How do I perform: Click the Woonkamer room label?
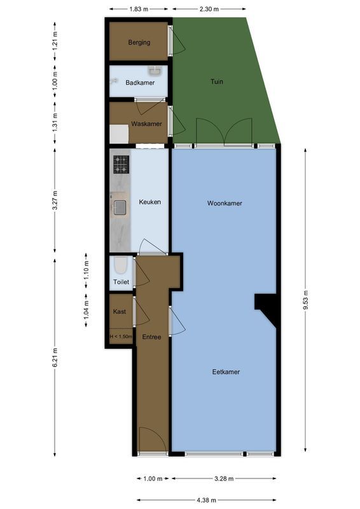pos(225,204)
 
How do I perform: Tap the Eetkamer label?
pos(226,372)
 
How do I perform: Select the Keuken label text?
pos(150,202)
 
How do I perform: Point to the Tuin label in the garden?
pos(217,81)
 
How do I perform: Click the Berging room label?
pos(139,43)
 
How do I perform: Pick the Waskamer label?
pos(146,123)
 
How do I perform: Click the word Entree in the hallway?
pos(151,337)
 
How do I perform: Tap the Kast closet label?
pos(119,312)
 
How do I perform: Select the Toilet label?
pos(121,282)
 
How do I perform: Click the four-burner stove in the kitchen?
pos(121,165)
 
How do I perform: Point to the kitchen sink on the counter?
pos(120,206)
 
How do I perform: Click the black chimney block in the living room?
pos(267,308)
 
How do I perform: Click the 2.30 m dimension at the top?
pos(209,9)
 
